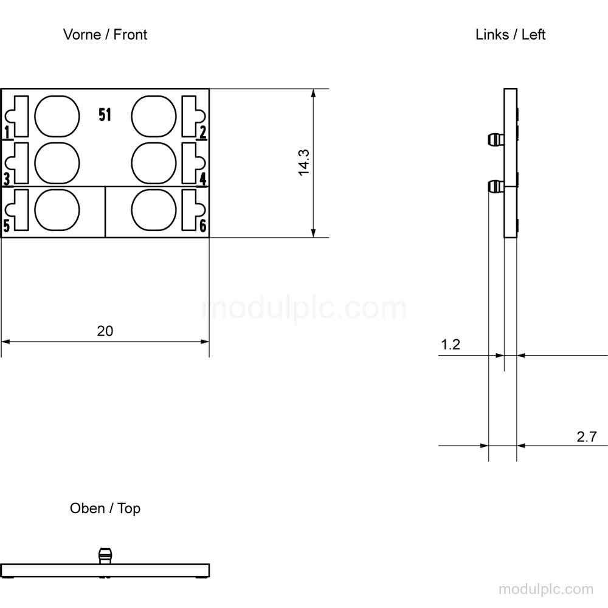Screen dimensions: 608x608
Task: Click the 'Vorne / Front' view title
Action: [x=105, y=35]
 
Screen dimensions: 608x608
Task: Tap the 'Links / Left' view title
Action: [x=510, y=35]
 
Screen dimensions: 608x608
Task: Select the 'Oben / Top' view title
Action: [x=105, y=508]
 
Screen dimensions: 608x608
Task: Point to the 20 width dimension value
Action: [x=105, y=331]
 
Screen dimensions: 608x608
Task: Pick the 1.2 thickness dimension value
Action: [x=451, y=345]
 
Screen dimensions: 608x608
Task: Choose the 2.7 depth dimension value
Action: [x=587, y=437]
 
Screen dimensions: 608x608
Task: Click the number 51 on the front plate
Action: [x=105, y=115]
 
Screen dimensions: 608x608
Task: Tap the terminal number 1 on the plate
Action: [x=7, y=132]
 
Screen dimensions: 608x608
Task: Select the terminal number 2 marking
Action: [x=203, y=132]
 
